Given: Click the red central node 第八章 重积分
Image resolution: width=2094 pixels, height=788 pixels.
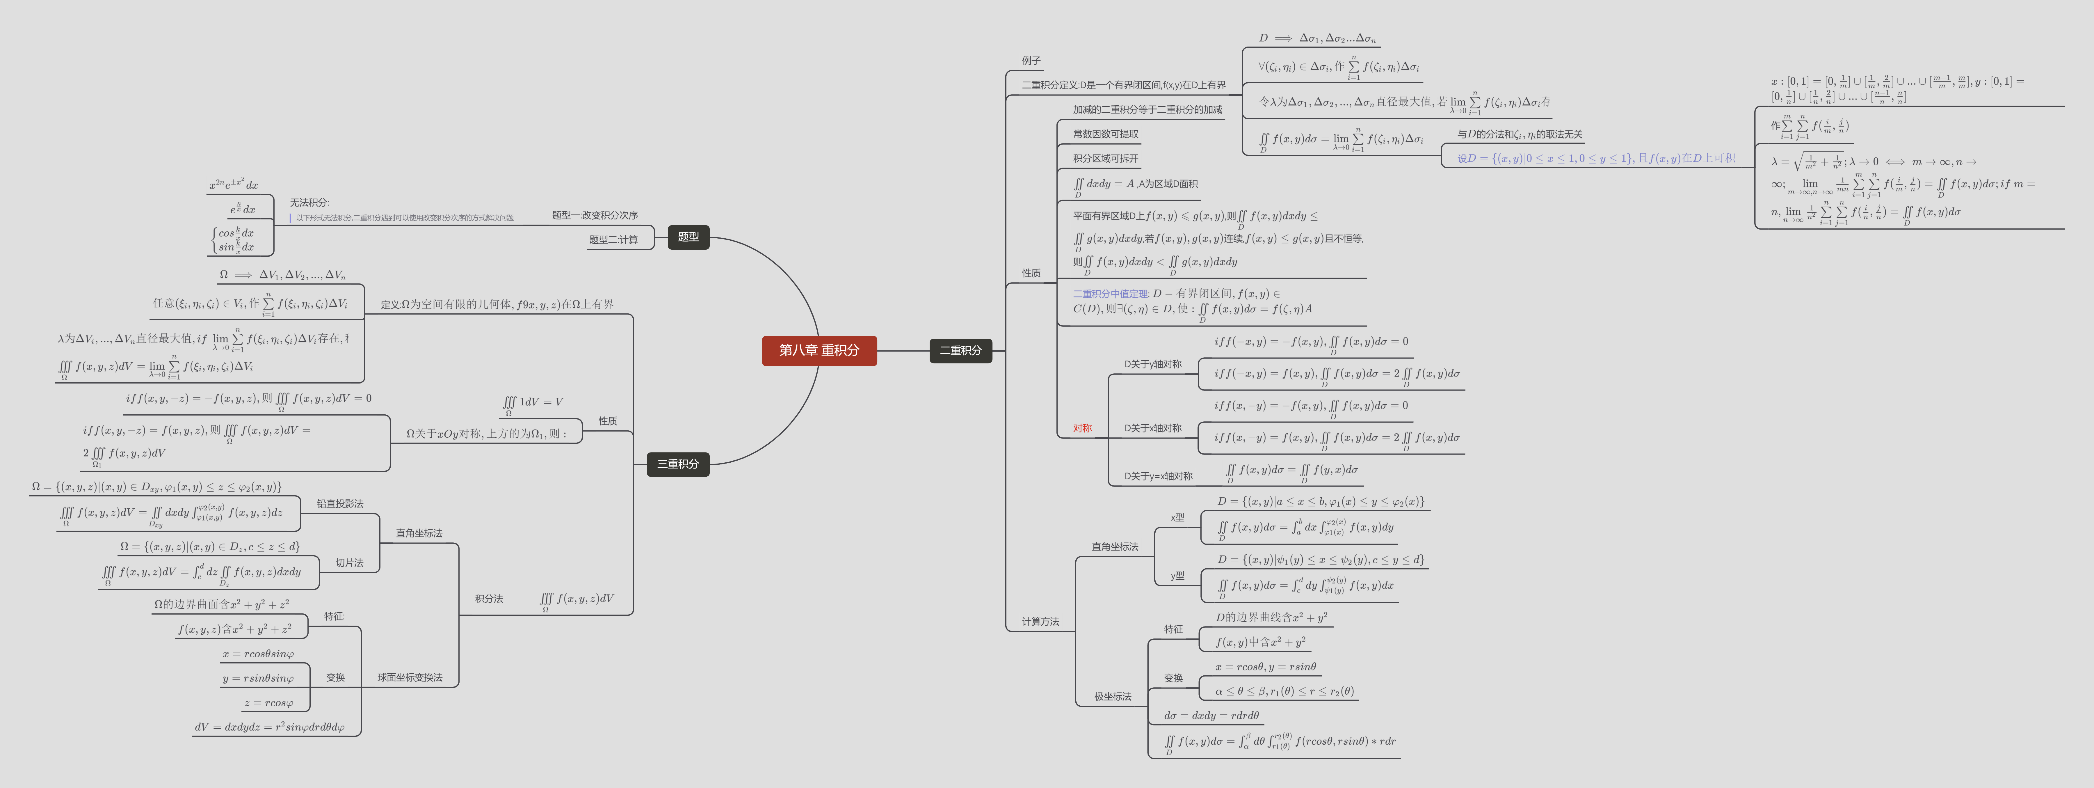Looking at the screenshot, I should point(819,350).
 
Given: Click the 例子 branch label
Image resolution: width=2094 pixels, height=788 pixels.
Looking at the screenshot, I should point(1031,61).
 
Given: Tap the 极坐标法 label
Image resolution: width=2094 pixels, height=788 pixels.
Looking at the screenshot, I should point(1112,697).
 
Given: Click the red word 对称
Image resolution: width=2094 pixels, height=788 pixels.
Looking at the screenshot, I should point(1082,429).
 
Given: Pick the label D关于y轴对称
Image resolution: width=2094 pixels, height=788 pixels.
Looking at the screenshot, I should point(1153,364).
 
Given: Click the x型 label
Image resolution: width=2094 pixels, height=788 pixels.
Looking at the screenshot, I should point(1177,517).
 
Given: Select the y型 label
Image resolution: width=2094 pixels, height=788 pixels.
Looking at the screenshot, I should point(1177,576).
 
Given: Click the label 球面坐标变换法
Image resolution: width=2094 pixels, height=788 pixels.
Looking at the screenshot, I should point(410,677).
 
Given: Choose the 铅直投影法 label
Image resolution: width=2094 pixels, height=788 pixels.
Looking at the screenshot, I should point(340,504).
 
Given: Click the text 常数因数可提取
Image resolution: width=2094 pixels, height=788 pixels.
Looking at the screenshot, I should point(1106,134).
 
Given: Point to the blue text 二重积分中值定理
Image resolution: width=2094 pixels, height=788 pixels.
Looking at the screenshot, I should point(1110,294).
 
